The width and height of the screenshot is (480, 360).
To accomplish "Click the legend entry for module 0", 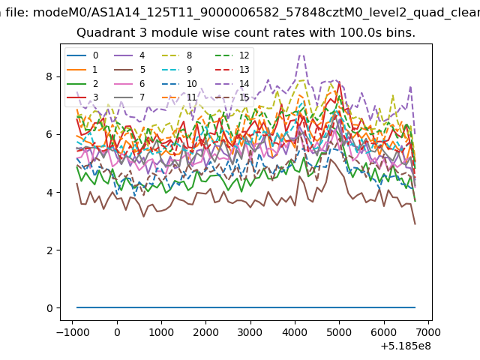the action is pyautogui.click(x=82, y=55).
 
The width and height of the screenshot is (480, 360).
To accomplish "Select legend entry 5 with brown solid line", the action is pyautogui.click(x=130, y=70).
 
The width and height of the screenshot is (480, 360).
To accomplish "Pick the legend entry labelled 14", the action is pyautogui.click(x=232, y=83).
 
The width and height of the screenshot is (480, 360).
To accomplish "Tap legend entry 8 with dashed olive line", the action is pyautogui.click(x=177, y=55).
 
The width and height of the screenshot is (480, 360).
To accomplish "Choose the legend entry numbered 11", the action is pyautogui.click(x=179, y=97).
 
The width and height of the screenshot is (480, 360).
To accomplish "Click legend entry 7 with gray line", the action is pyautogui.click(x=130, y=97).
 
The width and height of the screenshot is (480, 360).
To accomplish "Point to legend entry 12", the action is pyautogui.click(x=232, y=55).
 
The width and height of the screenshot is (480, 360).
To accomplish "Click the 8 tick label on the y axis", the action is pyautogui.click(x=49, y=76).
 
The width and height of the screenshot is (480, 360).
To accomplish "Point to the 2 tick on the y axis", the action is pyautogui.click(x=49, y=250).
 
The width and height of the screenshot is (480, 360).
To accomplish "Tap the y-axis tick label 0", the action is pyautogui.click(x=49, y=308).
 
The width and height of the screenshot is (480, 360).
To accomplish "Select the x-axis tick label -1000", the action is pyautogui.click(x=73, y=332).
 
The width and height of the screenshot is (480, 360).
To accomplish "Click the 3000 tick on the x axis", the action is pyautogui.click(x=250, y=332).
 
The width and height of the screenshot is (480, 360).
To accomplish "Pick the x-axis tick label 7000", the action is pyautogui.click(x=428, y=332).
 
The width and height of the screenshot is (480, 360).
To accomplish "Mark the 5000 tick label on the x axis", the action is pyautogui.click(x=339, y=332).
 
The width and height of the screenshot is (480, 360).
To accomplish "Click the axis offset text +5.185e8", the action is pyautogui.click(x=406, y=346).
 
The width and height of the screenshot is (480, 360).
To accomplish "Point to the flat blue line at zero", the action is pyautogui.click(x=246, y=307).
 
